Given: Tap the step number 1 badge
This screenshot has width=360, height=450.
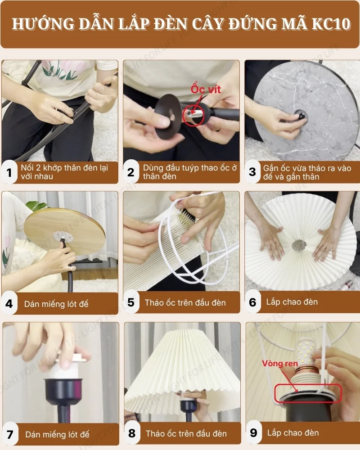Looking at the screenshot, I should pyautogui.click(x=9, y=172).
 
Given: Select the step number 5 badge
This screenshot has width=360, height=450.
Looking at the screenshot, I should pyautogui.click(x=131, y=302).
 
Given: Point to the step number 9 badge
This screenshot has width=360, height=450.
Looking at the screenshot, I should pyautogui.click(x=253, y=433).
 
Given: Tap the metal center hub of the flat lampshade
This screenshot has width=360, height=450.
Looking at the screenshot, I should pyautogui.click(x=298, y=246).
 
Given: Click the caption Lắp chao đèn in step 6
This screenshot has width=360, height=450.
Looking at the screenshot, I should pyautogui.click(x=292, y=302).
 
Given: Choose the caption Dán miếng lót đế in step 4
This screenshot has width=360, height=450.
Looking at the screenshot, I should pyautogui.click(x=56, y=304).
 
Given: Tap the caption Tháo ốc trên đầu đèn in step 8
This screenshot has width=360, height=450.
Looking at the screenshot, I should pyautogui.click(x=186, y=434).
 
